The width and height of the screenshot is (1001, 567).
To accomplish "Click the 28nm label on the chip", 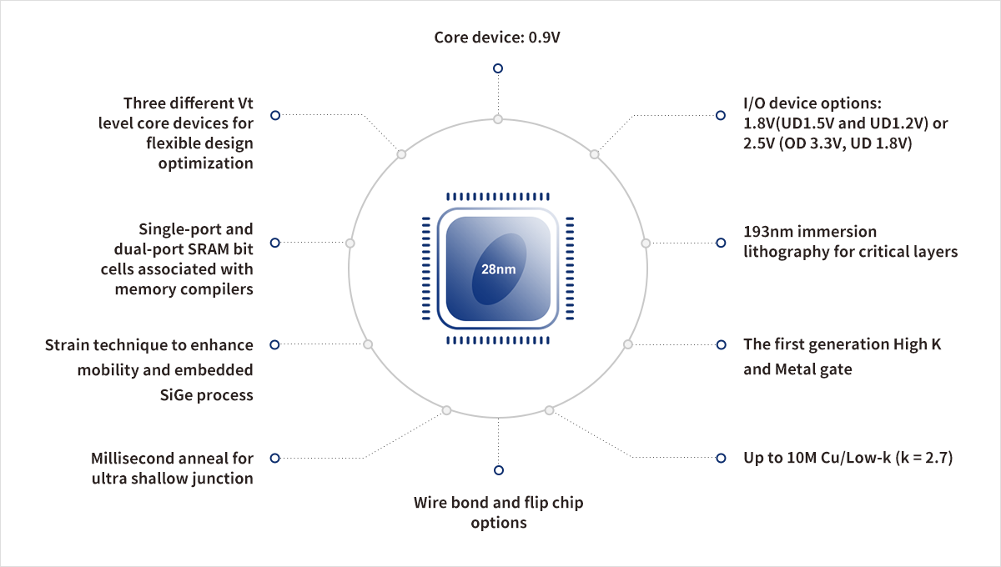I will coord(498,269).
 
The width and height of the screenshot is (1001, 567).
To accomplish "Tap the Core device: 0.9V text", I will coord(498,38).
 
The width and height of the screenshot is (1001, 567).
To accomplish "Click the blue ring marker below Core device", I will coord(498,68).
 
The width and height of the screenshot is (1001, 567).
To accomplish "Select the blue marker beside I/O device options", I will coord(721,115).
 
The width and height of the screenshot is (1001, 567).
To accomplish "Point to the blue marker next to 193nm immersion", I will coord(721,243).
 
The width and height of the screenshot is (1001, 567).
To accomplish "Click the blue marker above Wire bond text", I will coord(499,470).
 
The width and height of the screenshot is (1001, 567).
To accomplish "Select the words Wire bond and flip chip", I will coord(498,503).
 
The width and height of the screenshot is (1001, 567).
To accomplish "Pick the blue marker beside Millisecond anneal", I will coord(274,458).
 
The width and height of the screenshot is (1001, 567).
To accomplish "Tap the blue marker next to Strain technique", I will coord(274,344).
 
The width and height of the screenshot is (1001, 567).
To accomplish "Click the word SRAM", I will coord(206,248).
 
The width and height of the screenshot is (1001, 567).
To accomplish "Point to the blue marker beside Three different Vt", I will coord(274,115).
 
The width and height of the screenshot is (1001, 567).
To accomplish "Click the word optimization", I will coord(205,163).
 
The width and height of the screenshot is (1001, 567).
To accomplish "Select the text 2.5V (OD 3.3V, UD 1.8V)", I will coord(827,143).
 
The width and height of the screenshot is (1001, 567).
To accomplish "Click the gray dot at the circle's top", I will coord(498,119).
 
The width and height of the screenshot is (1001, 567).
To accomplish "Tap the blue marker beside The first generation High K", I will coord(721,344).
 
